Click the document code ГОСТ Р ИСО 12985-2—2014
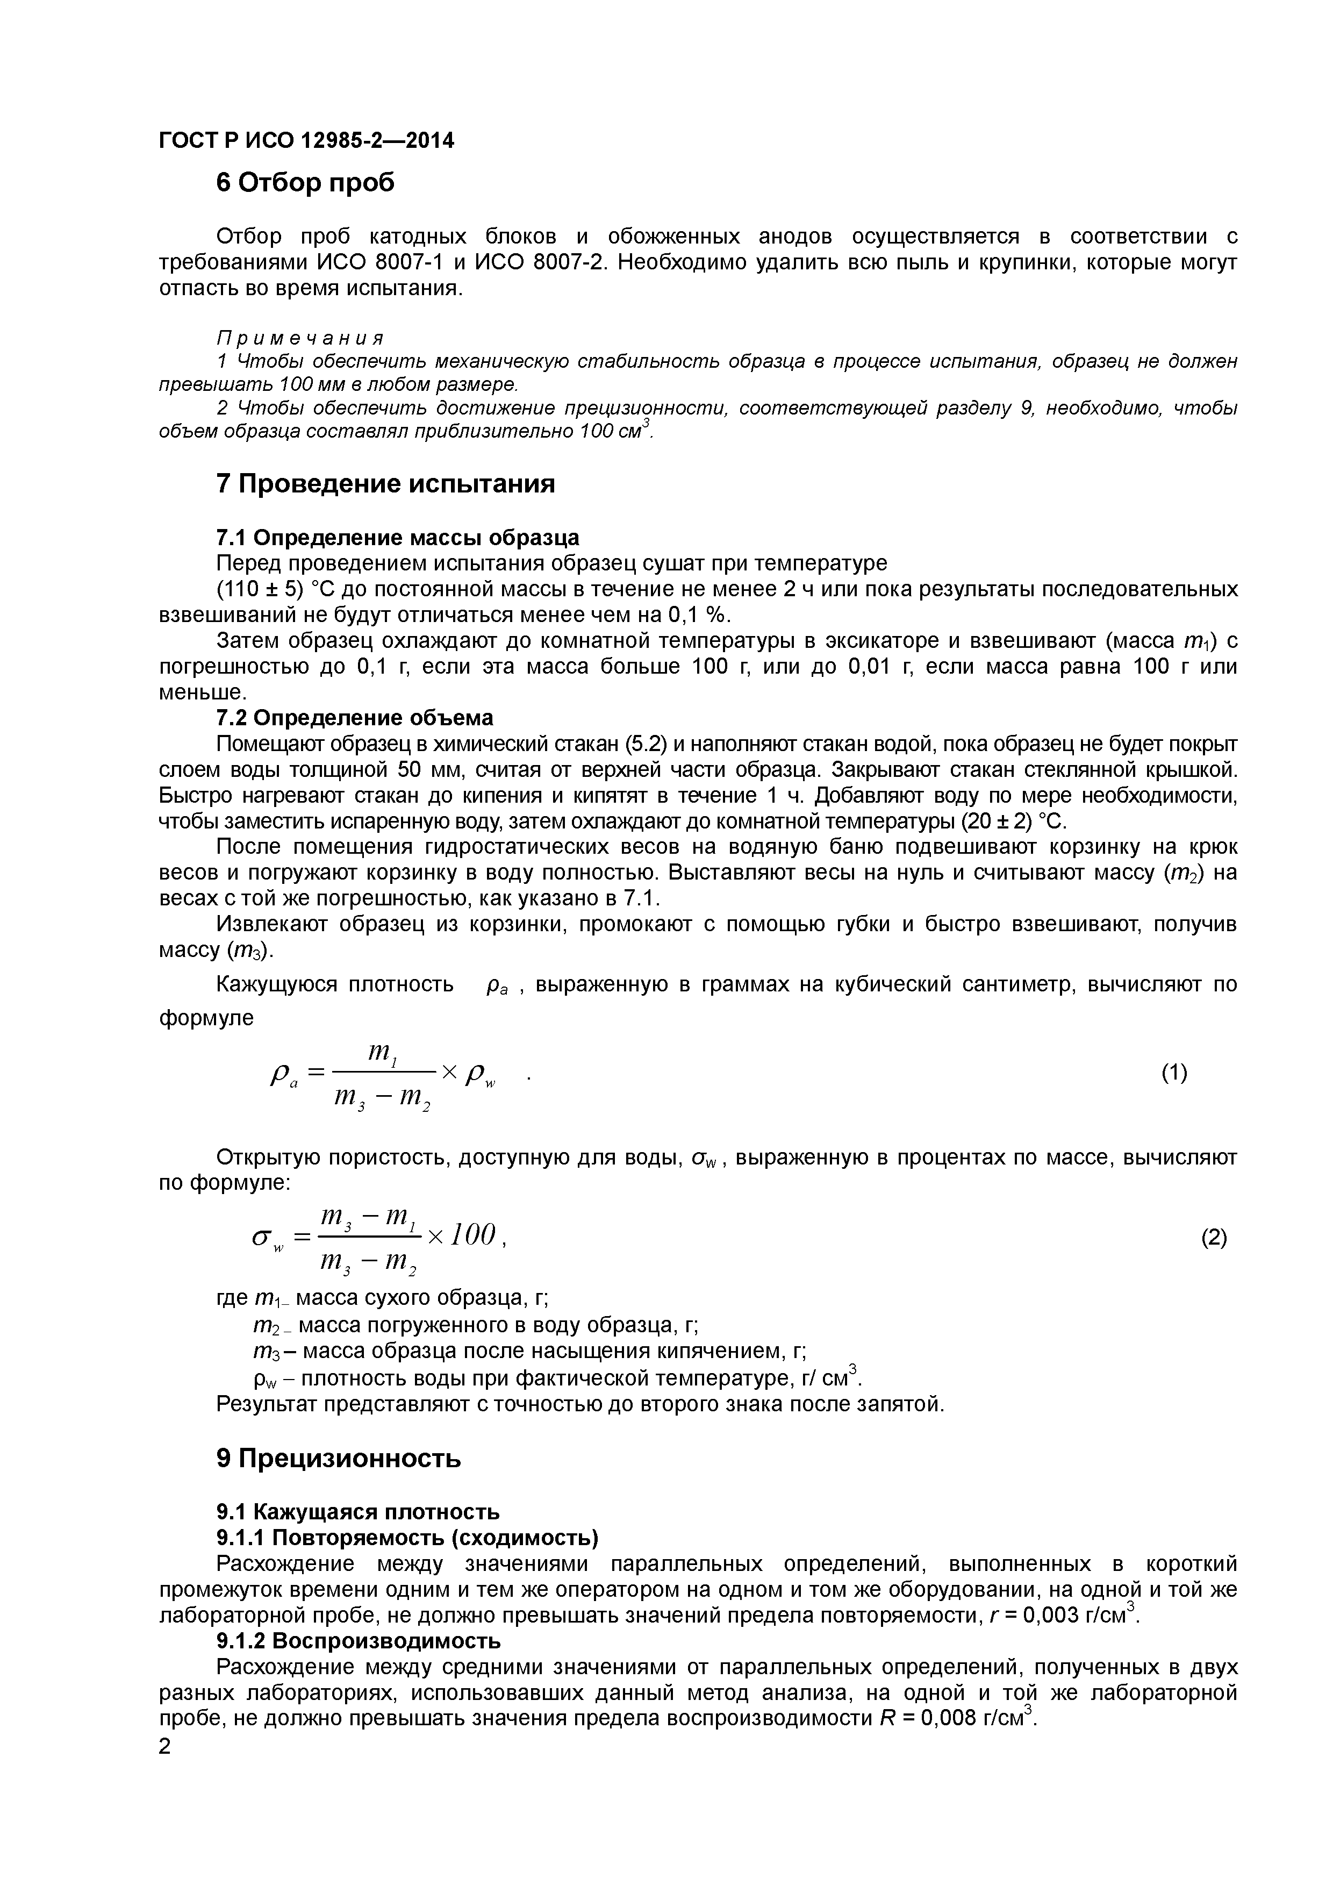305,140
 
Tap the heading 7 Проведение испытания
385,484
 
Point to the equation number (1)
1174,1072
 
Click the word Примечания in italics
300,338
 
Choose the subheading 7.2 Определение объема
354,718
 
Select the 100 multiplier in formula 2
474,1234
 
